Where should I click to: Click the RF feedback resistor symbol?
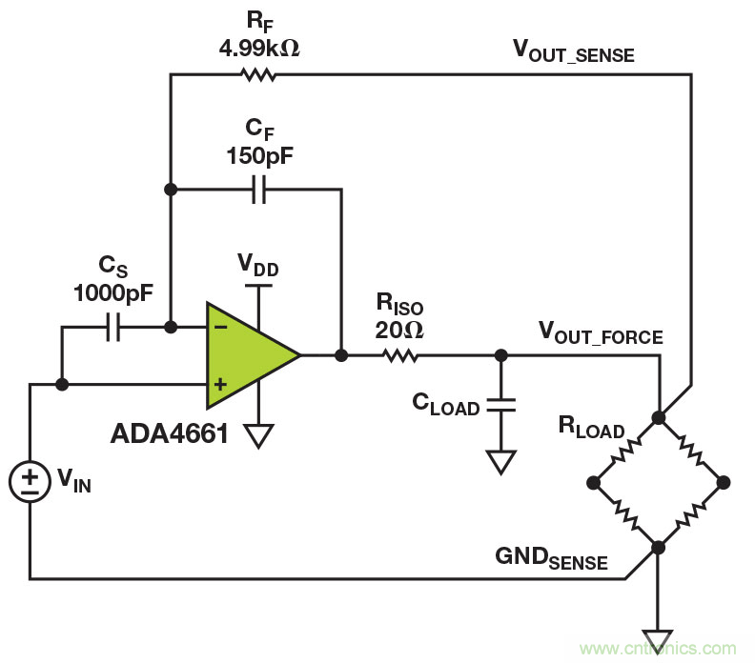pos(258,73)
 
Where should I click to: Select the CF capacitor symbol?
pos(258,190)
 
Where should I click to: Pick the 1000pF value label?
pos(112,294)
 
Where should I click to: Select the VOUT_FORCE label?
pos(601,333)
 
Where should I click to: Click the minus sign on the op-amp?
pos(220,327)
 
